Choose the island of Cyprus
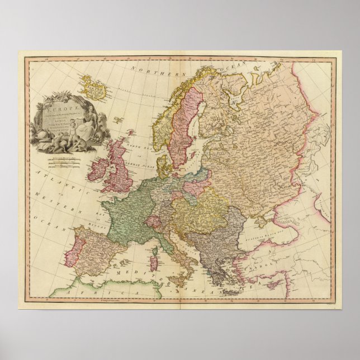pos(273,284)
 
